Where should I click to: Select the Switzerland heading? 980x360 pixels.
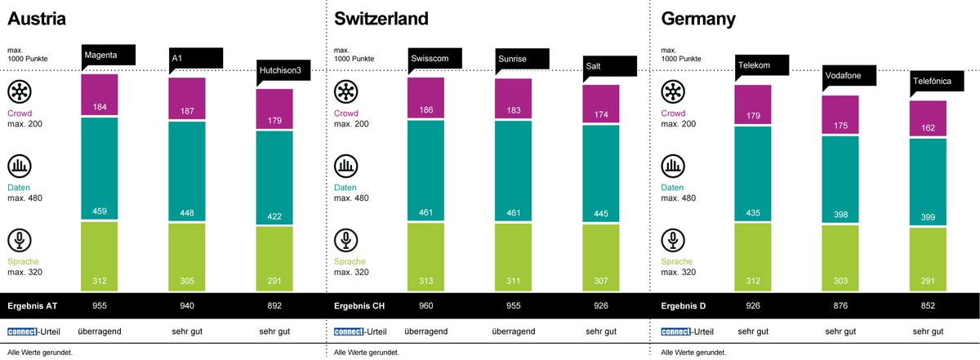pos(381,19)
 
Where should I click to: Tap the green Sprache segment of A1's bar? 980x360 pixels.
pos(186,256)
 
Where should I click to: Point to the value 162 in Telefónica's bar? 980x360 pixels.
pos(927,127)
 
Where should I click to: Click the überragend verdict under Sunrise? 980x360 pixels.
pos(513,331)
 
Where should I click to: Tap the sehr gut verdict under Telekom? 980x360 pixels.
pos(752,331)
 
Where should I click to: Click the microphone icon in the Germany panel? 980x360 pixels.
pos(673,241)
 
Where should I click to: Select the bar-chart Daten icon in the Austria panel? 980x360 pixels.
pos(19,167)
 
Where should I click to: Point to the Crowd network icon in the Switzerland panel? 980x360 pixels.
pos(345,91)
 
